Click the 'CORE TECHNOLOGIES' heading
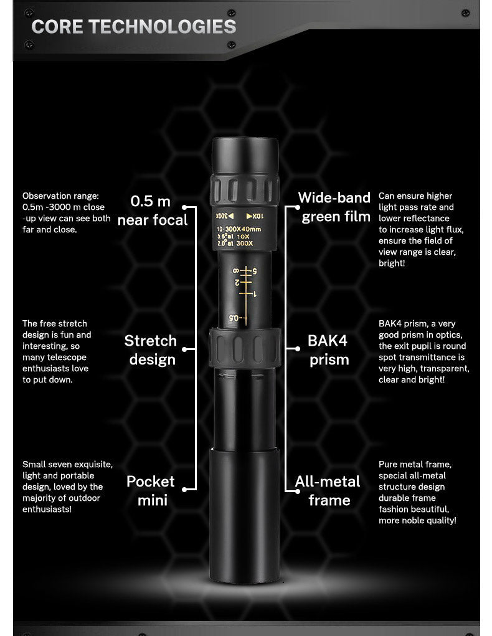133,27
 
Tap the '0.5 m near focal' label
153,211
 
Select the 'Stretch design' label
151,350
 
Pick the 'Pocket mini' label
151,491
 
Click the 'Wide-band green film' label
334,207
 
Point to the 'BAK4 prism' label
328,350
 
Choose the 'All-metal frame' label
328,491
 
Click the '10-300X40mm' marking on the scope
239,229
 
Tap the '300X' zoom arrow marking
224,216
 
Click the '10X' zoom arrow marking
255,216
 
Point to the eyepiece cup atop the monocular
245,156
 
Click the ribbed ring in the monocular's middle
245,348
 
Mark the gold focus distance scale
245,295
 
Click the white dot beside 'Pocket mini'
184,490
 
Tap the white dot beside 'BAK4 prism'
298,349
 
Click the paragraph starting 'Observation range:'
67,212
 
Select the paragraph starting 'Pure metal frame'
417,492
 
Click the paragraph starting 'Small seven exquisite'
67,486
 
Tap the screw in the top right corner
465,13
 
